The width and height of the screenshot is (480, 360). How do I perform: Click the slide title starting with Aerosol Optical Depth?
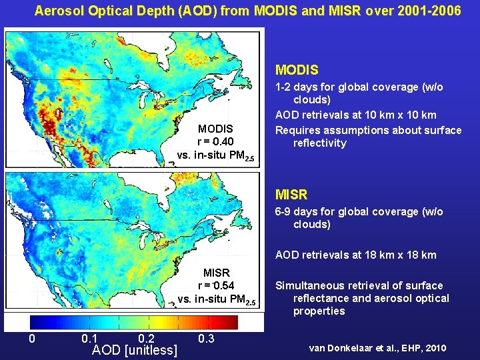(247, 11)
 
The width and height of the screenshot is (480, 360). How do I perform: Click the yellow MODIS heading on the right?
(297, 69)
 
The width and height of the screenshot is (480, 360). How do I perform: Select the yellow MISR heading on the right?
(291, 195)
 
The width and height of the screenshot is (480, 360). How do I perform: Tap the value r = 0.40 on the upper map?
(215, 141)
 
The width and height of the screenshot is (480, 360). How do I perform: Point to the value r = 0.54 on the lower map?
(216, 285)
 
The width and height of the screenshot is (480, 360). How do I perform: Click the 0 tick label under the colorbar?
(32, 339)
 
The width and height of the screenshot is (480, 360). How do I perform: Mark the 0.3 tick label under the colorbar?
(207, 339)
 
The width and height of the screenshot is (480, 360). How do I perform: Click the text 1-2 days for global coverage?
(359, 87)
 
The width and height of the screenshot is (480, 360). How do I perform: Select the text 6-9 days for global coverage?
(359, 211)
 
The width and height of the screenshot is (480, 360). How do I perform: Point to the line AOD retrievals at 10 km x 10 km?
(356, 115)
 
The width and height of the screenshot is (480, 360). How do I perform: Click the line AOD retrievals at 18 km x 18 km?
(356, 255)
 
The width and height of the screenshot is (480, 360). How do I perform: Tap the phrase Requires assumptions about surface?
(368, 129)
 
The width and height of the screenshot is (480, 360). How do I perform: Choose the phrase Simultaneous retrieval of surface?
(359, 285)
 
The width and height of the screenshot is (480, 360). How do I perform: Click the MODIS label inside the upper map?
(215, 128)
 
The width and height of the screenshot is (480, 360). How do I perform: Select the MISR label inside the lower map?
(216, 273)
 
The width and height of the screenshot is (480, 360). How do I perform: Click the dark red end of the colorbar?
(230, 323)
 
